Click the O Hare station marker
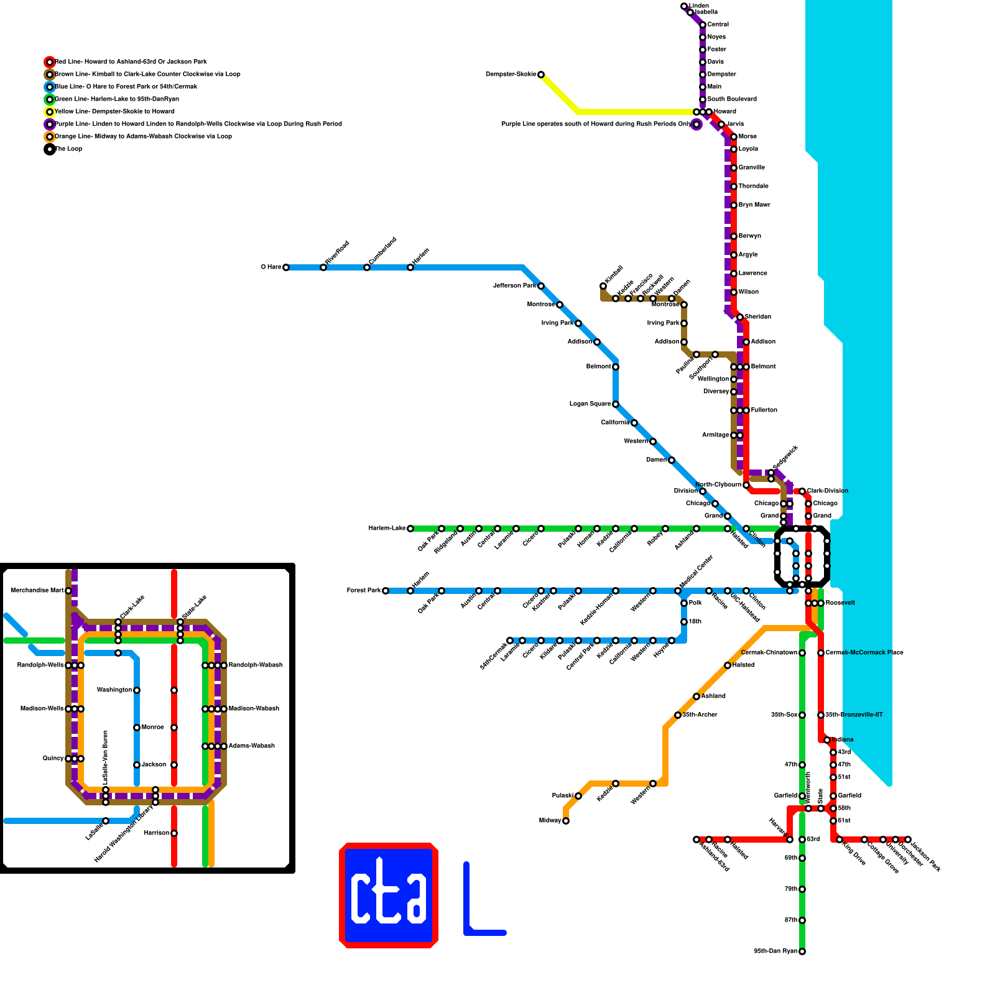286,267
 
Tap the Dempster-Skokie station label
511,75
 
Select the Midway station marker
566,821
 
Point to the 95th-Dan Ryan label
775,951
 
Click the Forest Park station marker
386,591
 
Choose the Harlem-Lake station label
387,529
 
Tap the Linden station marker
684,6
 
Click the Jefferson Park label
514,286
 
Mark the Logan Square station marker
616,404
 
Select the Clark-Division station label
828,491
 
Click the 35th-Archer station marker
678,715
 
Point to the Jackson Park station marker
908,840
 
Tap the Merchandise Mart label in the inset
37,591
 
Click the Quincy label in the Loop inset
53,759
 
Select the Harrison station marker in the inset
174,833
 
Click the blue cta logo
389,895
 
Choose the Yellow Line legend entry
114,112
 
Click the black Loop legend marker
50,149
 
